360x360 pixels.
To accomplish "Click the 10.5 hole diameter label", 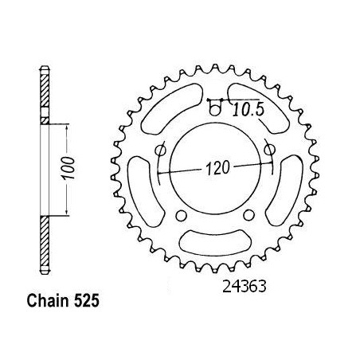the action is (248, 110).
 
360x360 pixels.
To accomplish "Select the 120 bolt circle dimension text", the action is (217, 168).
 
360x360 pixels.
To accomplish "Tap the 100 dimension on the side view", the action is (68, 168).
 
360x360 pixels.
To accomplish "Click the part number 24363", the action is (244, 287).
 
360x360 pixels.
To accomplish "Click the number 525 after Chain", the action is (86, 301).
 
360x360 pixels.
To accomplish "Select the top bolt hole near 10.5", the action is (215, 109).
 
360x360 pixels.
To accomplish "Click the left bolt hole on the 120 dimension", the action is (161, 151).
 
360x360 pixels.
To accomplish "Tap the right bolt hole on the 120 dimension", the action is (269, 150).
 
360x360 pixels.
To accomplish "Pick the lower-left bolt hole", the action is (181, 216).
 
